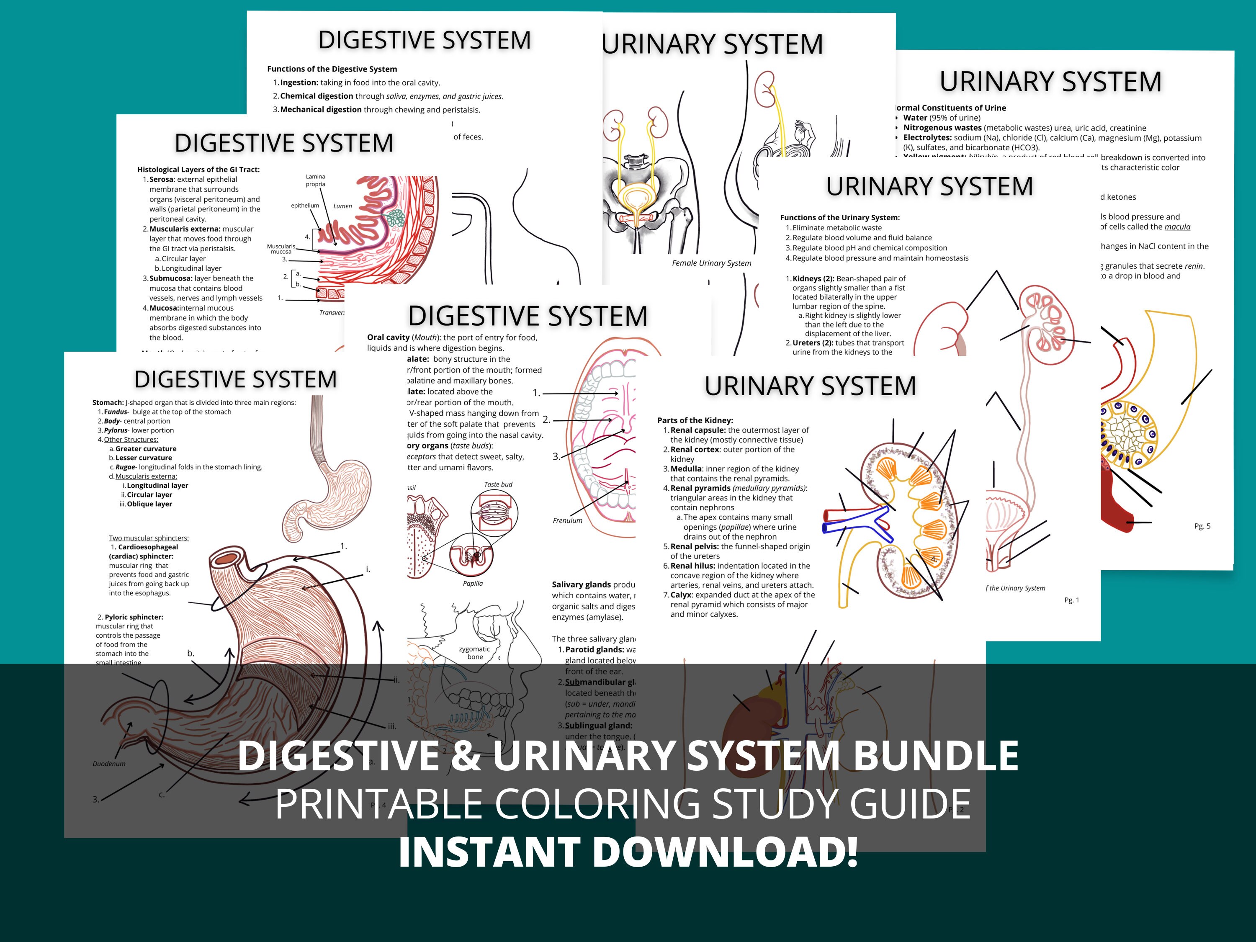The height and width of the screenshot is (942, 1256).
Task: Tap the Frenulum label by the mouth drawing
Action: [567, 521]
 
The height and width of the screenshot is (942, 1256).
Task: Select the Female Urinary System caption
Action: [711, 263]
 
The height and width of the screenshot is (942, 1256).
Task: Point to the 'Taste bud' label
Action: [498, 484]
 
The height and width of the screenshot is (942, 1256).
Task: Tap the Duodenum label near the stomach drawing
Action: [109, 764]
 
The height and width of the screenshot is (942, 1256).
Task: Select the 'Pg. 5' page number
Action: [1202, 526]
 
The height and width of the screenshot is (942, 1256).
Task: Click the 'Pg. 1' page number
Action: [1071, 600]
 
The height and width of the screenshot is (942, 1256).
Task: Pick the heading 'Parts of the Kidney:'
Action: [695, 420]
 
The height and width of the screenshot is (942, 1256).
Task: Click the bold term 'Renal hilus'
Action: [692, 566]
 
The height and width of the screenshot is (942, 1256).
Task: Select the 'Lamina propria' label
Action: [315, 180]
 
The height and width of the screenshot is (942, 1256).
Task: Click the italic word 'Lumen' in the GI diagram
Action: [342, 206]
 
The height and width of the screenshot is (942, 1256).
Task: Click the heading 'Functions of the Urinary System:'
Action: [840, 217]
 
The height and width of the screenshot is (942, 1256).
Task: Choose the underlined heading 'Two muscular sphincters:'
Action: [149, 538]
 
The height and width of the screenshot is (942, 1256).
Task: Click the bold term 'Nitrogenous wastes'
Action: [942, 128]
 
